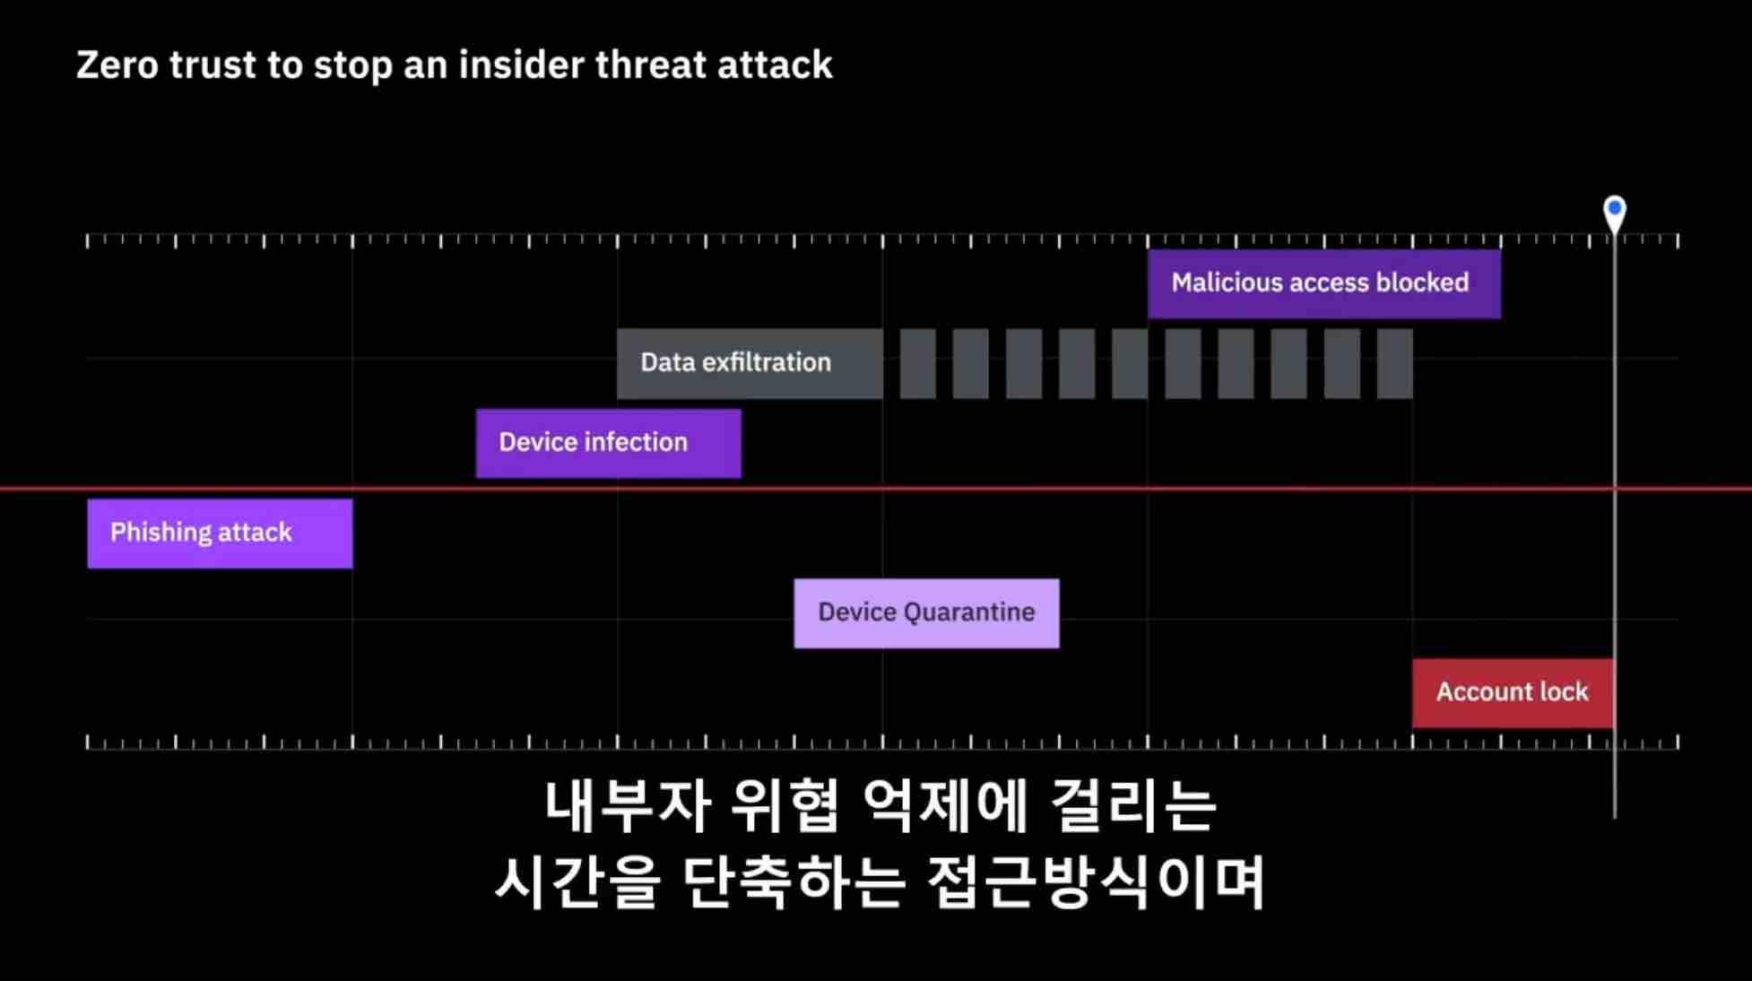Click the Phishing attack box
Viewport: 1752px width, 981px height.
pyautogui.click(x=220, y=533)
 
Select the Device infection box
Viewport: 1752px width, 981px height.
pyautogui.click(x=608, y=443)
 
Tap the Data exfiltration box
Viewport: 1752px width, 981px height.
pyautogui.click(x=750, y=363)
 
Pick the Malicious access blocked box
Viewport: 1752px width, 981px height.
pyautogui.click(x=1324, y=283)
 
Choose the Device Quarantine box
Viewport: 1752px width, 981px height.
pyautogui.click(x=926, y=613)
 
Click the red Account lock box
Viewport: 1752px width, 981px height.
pyautogui.click(x=1513, y=693)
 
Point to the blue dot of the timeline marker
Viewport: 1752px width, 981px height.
pyautogui.click(x=1615, y=208)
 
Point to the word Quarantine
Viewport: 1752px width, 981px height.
pyautogui.click(x=969, y=612)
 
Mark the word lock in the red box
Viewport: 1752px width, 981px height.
pyautogui.click(x=1563, y=691)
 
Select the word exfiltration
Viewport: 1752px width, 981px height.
pyautogui.click(x=767, y=362)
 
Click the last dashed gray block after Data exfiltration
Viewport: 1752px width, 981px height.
pyautogui.click(x=1394, y=363)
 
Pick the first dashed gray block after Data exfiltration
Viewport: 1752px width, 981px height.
pyautogui.click(x=917, y=363)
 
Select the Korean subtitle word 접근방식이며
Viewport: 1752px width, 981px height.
pyautogui.click(x=1096, y=881)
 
